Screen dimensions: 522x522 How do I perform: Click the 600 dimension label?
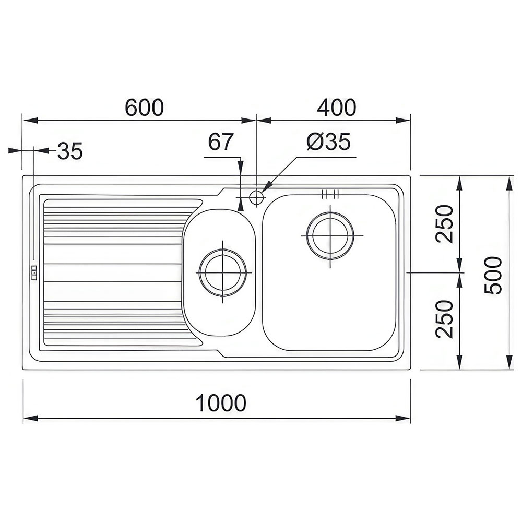145,107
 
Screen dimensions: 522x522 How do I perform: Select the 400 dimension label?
337,107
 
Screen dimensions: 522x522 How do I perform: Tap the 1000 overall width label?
221,402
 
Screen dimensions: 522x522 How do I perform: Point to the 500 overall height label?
493,275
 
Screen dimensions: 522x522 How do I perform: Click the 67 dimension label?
221,141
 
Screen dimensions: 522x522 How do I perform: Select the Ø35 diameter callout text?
328,141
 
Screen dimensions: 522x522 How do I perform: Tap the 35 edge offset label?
70,151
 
